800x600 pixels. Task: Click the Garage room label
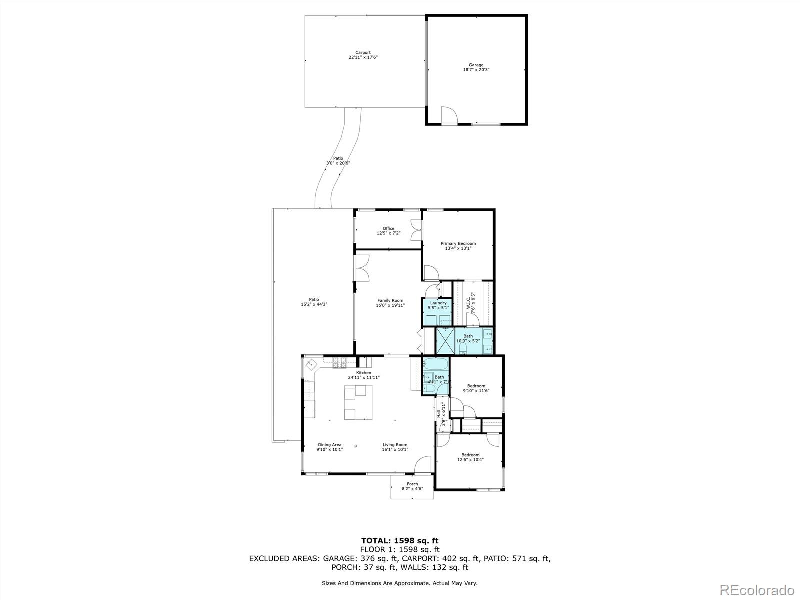[476, 65]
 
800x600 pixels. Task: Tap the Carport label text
[363, 52]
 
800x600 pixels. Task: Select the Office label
[388, 229]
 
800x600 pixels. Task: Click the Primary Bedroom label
[458, 244]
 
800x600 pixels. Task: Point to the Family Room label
[390, 301]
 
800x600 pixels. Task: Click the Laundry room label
[438, 303]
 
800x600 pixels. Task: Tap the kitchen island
[358, 404]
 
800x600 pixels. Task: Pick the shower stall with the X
[445, 340]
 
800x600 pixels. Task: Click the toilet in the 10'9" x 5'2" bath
[463, 346]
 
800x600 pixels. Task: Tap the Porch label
[412, 484]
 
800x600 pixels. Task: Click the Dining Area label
[330, 445]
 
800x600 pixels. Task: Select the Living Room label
[395, 445]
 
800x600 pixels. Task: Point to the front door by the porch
[422, 465]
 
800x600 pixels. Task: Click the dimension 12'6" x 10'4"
[470, 460]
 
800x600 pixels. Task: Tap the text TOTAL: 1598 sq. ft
[400, 540]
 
